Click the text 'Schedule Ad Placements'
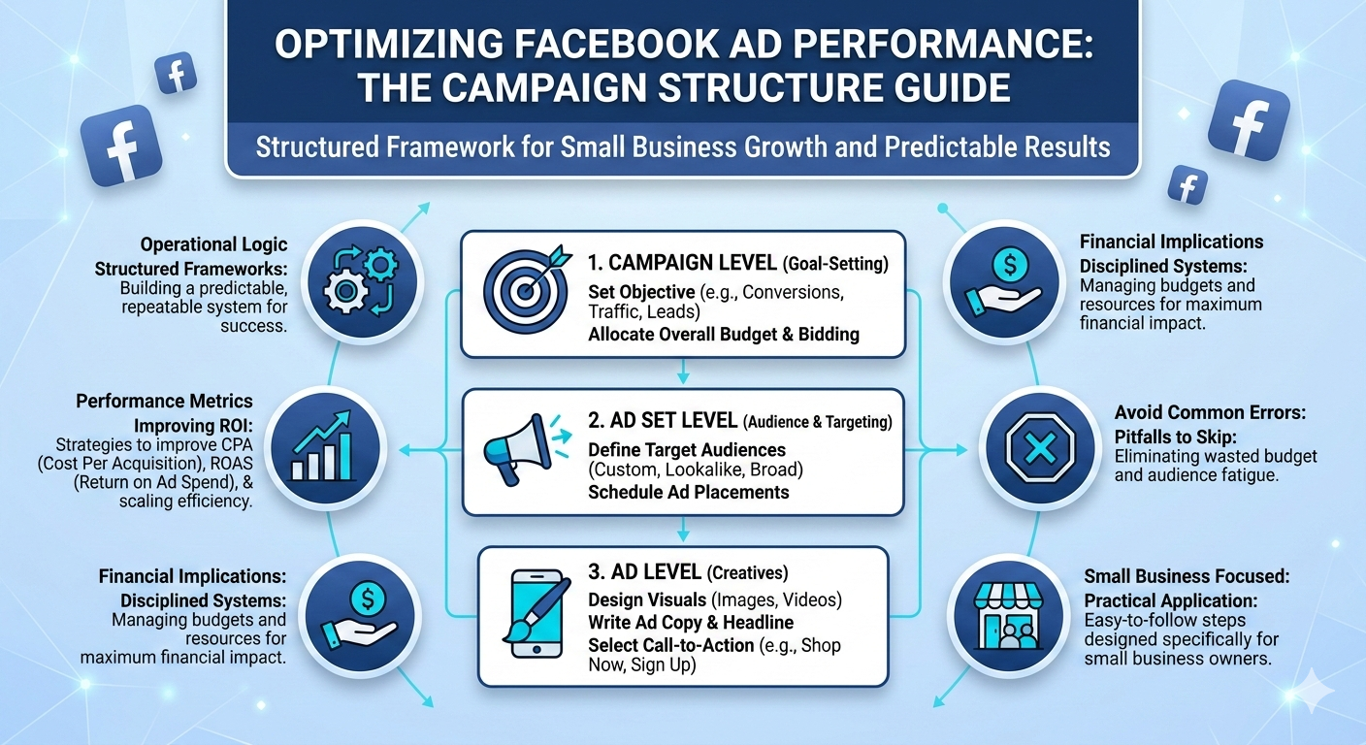689,492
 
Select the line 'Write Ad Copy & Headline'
691,622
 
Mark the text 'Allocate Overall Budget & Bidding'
724,335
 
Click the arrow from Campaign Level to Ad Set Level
683,370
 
